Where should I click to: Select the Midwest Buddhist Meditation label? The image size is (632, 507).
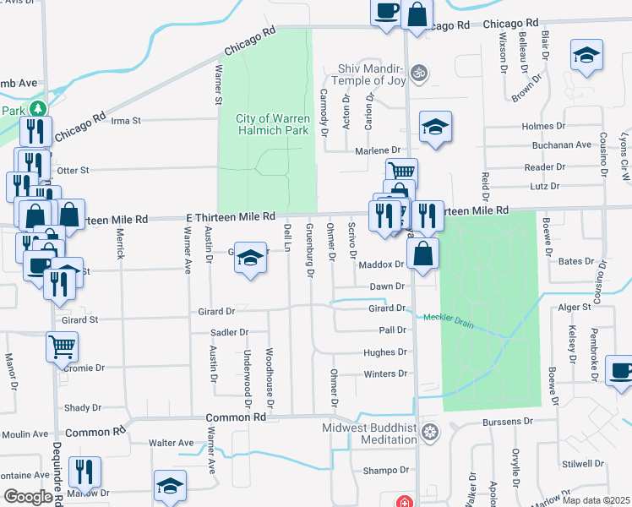coord(369,433)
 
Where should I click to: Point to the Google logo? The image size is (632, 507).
coord(27,497)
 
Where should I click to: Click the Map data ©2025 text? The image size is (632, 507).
coord(597,500)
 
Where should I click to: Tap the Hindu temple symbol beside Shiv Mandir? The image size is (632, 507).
coord(416,74)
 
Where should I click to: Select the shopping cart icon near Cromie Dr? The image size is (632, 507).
coord(63,346)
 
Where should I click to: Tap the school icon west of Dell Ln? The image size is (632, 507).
coord(251,258)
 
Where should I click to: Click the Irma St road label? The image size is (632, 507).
coord(125,121)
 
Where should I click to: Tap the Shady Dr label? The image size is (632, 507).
coord(83,407)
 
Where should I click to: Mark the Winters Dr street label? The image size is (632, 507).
coord(385,373)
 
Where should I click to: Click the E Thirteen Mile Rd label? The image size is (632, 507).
coord(231,217)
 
